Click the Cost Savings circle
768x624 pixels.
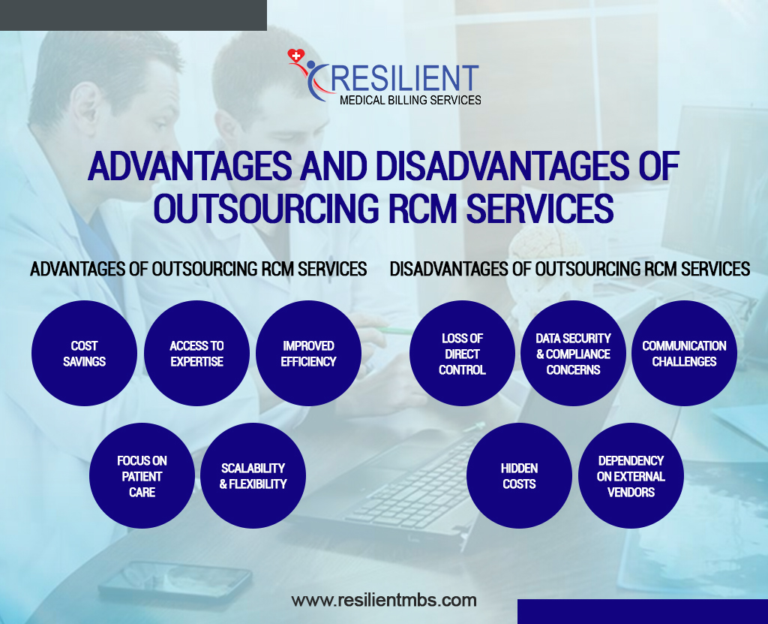point(84,353)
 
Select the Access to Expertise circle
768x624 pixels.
point(197,353)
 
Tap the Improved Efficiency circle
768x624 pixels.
point(308,353)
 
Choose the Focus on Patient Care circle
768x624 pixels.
point(142,476)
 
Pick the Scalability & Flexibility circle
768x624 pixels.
point(253,476)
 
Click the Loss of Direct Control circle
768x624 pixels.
point(462,353)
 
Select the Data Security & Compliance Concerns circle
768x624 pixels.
point(573,353)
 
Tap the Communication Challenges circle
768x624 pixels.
point(684,353)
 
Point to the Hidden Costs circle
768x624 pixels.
point(519,476)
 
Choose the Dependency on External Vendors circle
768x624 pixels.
point(631,476)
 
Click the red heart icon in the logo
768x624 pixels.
point(295,56)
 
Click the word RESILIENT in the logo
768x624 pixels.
point(404,79)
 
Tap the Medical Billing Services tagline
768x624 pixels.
point(410,100)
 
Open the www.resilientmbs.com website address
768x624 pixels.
point(384,600)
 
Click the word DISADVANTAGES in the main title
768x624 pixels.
point(502,166)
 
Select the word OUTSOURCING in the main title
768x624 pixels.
point(266,208)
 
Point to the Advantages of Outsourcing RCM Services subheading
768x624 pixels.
point(198,269)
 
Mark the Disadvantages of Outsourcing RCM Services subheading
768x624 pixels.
point(570,269)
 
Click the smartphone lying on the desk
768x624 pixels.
point(175,582)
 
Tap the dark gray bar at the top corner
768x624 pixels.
point(133,15)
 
